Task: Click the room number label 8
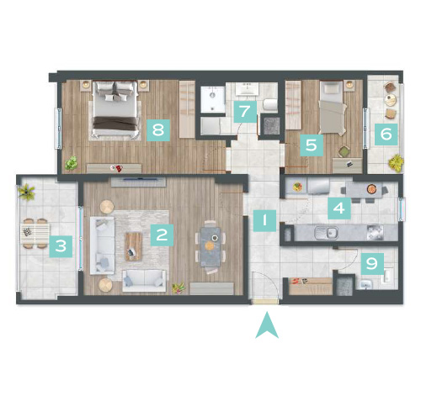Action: (x=158, y=130)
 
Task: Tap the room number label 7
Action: (x=245, y=112)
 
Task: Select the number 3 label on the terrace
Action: (x=61, y=246)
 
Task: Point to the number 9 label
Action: (x=372, y=263)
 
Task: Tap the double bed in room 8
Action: (x=115, y=109)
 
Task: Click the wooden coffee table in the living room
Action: (x=133, y=246)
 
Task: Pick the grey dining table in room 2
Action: (x=210, y=247)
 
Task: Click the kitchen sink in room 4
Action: (x=326, y=233)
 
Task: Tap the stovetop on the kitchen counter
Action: (x=375, y=233)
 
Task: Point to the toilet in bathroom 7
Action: (x=270, y=105)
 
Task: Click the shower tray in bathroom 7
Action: (x=213, y=99)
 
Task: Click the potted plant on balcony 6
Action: (x=396, y=162)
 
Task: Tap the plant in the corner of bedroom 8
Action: (x=72, y=163)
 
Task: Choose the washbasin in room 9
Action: (x=365, y=285)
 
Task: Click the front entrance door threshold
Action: (x=264, y=302)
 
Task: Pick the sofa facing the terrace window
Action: (x=102, y=245)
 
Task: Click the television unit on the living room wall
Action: (x=139, y=182)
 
